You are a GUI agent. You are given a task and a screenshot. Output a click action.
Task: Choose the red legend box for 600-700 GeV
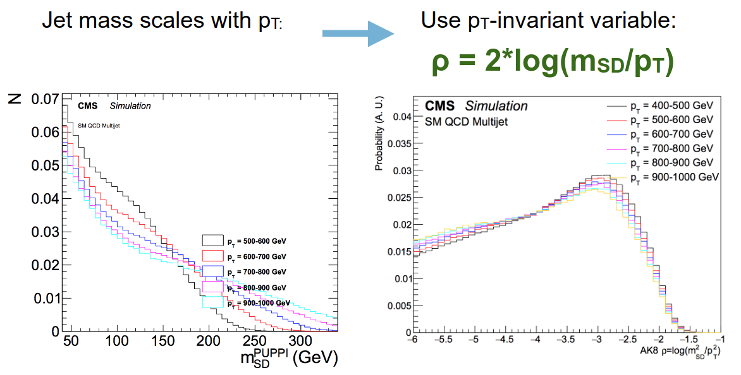pyautogui.click(x=212, y=256)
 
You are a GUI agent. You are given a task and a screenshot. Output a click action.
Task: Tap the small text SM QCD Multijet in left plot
pyautogui.click(x=99, y=126)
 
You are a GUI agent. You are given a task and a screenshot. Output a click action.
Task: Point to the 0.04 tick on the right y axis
pyautogui.click(x=403, y=117)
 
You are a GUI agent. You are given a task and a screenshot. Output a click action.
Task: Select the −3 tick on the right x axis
pyautogui.click(x=596, y=340)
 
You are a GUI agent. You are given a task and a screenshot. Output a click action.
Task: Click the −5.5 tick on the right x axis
pyautogui.click(x=444, y=340)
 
